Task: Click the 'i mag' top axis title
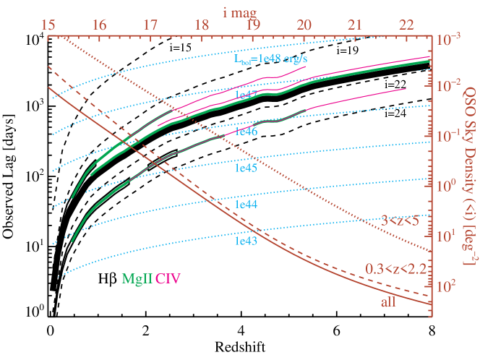click(240, 9)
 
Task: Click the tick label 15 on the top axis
click(48, 25)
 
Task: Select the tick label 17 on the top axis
click(150, 25)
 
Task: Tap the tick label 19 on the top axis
click(253, 25)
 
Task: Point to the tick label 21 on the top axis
click(355, 25)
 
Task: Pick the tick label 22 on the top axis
click(406, 25)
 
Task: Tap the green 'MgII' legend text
click(137, 277)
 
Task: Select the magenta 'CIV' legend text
click(168, 277)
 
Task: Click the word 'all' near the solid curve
click(388, 301)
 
